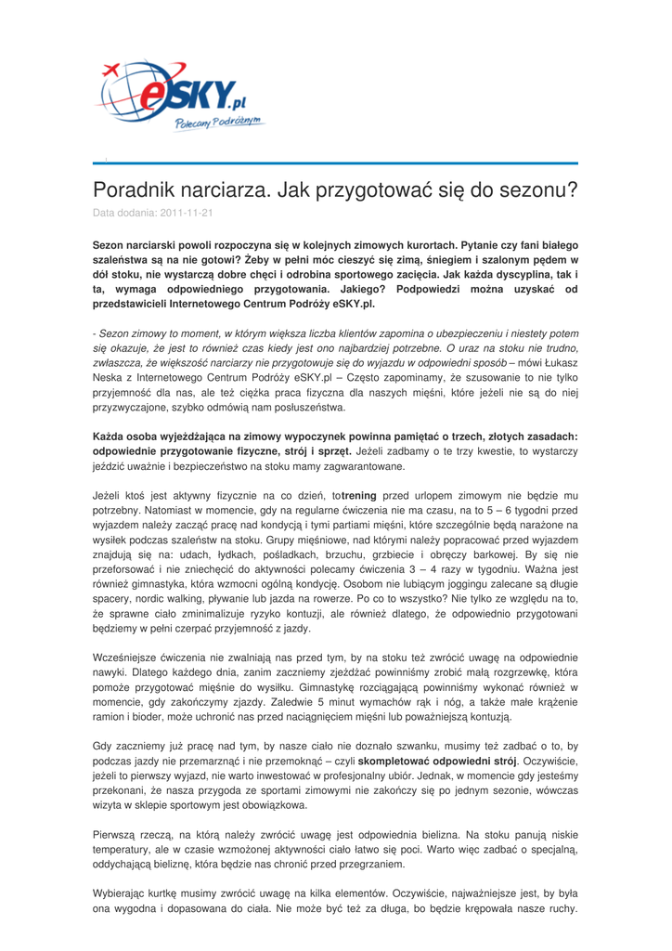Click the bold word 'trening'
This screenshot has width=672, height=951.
tap(366, 496)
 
